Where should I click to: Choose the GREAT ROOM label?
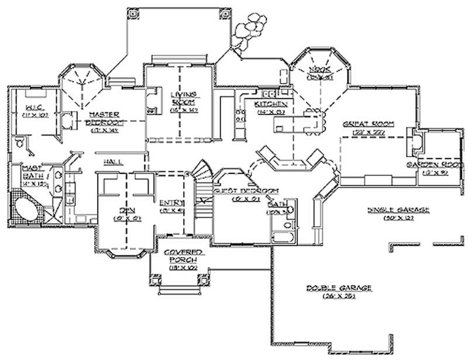pos(368,125)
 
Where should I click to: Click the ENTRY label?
pos(172,203)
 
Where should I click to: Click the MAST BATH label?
pos(30,172)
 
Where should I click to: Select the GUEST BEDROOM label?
pos(245,191)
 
